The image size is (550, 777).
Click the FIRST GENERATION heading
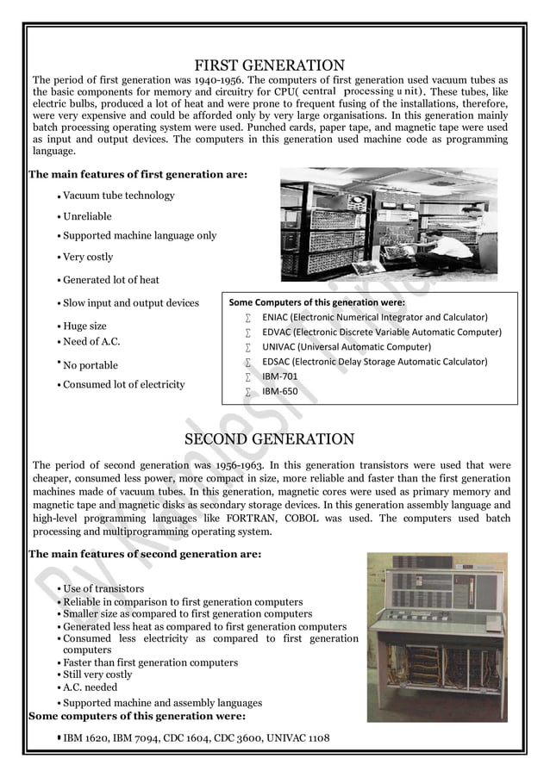click(269, 65)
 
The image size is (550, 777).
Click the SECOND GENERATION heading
click(269, 440)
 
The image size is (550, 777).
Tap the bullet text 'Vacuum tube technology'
click(118, 196)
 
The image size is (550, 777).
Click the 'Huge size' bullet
click(84, 326)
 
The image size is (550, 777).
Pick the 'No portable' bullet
click(91, 365)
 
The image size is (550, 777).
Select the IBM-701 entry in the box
click(280, 376)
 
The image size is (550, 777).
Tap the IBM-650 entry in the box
click(280, 391)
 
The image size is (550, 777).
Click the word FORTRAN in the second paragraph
click(256, 519)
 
